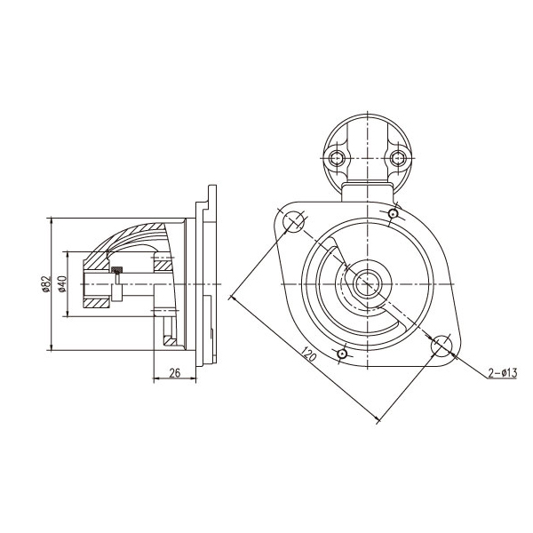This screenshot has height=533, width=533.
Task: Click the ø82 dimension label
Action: click(46, 284)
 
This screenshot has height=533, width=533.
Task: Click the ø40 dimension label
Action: click(62, 284)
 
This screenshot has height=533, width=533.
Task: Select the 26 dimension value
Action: click(175, 373)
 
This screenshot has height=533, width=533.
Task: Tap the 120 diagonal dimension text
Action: click(309, 354)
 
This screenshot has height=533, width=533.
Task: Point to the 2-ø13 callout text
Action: click(503, 372)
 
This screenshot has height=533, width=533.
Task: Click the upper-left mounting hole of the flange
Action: click(293, 221)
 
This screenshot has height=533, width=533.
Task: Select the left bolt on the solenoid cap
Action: click(337, 158)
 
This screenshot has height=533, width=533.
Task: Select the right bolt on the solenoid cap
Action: click(398, 158)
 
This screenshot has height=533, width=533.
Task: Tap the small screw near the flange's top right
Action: click(394, 214)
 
